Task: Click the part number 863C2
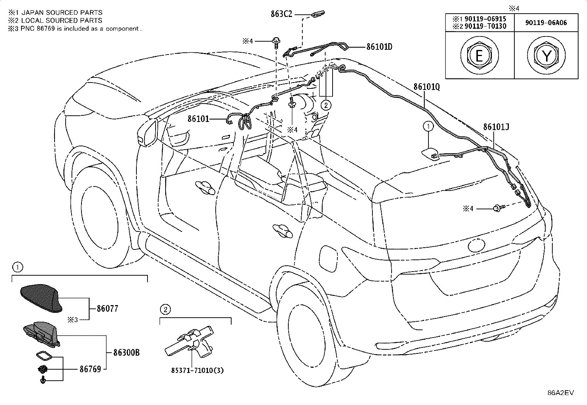[281, 14]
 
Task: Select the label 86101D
[379, 47]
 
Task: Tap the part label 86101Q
[427, 87]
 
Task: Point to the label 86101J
[496, 127]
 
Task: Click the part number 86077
[107, 308]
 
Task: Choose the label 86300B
[126, 353]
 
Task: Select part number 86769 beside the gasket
[90, 369]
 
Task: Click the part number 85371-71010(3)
[197, 370]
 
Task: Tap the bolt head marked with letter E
[479, 55]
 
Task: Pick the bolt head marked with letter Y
[546, 55]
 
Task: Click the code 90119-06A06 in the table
[546, 23]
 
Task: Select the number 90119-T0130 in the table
[485, 26]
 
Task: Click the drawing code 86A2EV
[560, 393]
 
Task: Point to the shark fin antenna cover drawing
[41, 298]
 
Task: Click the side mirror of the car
[147, 133]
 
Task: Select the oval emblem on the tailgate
[476, 245]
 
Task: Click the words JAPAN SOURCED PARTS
[62, 12]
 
